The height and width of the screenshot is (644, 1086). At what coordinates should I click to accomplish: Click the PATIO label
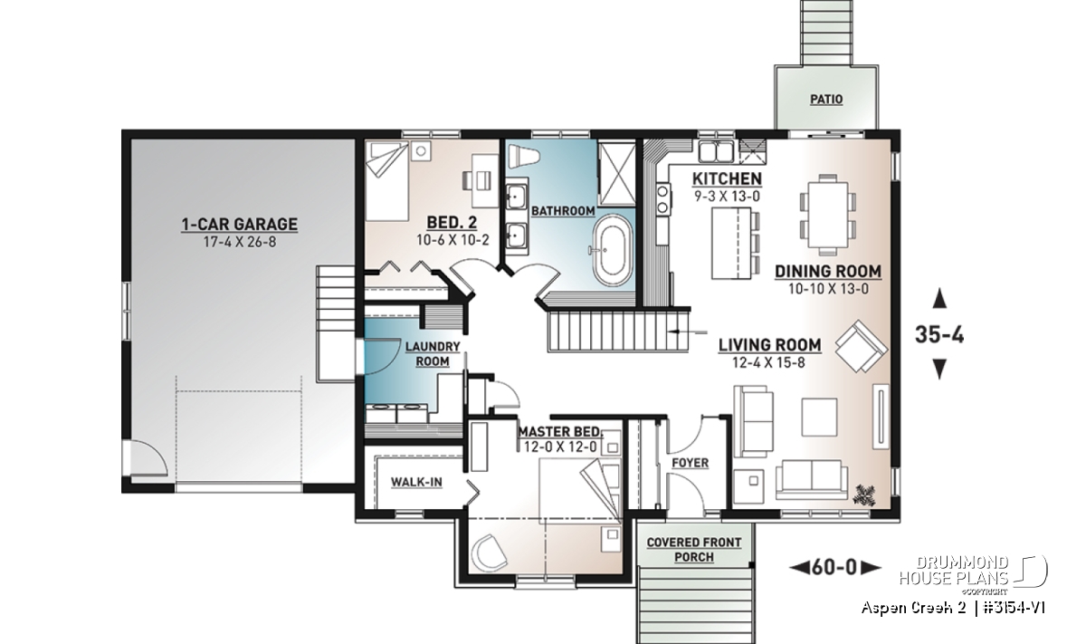pos(826,99)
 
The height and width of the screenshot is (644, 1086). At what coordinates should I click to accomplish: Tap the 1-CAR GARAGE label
pos(240,225)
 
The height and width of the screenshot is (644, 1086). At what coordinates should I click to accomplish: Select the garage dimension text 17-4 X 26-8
pos(240,242)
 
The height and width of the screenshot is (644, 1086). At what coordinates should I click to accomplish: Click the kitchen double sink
pos(716,151)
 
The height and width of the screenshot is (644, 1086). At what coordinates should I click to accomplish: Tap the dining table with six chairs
pos(827,215)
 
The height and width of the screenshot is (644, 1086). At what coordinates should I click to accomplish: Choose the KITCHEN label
pos(727,178)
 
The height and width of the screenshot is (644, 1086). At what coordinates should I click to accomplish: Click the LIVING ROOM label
pos(769,345)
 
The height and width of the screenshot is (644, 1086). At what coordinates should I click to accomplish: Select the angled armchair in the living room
pos(861,347)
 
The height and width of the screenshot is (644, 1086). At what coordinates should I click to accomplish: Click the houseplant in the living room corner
pos(863,495)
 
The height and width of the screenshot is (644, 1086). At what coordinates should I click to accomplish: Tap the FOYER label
pos(690,463)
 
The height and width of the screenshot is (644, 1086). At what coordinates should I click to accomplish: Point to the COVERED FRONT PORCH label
pos(694,550)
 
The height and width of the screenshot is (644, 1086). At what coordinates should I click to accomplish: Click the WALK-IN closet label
pos(416,482)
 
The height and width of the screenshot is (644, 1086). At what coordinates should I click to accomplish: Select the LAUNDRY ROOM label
pos(433,354)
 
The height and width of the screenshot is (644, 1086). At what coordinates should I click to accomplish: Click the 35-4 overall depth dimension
pos(939,334)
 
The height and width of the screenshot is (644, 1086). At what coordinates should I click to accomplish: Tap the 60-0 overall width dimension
pos(834,567)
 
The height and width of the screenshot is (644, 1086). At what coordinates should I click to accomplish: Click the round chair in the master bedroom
pos(489,553)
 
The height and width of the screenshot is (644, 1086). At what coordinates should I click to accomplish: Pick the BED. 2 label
pos(452,223)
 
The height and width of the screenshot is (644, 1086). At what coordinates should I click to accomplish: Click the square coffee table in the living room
pos(819,417)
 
